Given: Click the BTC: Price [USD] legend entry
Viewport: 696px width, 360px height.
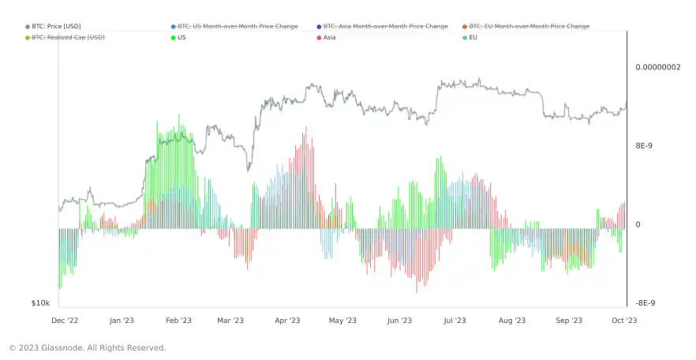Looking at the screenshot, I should (x=55, y=26).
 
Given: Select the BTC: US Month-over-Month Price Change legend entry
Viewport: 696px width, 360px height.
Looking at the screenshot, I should (x=238, y=26).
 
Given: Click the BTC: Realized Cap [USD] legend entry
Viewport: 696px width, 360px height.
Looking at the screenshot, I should (x=68, y=37).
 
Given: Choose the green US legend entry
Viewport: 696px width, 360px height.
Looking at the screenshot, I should (x=182, y=37).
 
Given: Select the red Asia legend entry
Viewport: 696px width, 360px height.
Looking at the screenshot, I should (x=329, y=37).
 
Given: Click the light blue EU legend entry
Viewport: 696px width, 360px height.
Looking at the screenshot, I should (x=473, y=37).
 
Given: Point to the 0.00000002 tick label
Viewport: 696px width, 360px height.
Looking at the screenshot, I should (x=657, y=67).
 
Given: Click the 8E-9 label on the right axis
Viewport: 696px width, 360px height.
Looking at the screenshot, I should (x=645, y=146).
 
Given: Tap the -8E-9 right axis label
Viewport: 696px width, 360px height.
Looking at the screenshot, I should (x=645, y=303).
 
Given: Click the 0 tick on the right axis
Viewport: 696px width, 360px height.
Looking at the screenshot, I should (x=638, y=225).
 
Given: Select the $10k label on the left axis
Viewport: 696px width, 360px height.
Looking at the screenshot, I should (x=41, y=303).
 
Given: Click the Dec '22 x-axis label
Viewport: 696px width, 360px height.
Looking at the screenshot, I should (x=65, y=321).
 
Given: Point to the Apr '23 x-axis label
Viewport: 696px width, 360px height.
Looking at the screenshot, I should (x=288, y=321).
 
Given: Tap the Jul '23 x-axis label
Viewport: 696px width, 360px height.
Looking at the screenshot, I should (x=455, y=321).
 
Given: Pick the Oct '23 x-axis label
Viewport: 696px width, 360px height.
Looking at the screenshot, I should (x=625, y=321).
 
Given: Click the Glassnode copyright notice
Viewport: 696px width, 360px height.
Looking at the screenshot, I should (x=87, y=347).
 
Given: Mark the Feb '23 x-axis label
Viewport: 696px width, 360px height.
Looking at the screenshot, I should (x=178, y=321).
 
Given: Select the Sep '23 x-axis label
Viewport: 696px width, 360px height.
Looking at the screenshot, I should (x=569, y=321).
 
